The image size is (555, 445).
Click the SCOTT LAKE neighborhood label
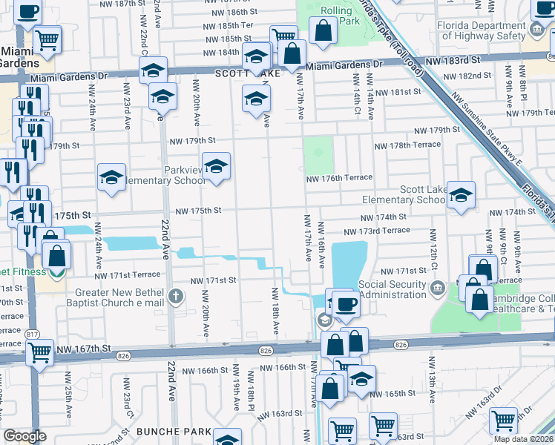(239, 74)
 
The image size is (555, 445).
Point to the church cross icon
(176, 297)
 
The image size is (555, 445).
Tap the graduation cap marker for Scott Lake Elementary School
(461, 196)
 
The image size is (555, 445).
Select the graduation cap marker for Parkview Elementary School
(216, 167)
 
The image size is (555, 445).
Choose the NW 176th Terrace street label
(339, 178)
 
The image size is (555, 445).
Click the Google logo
(24, 435)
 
